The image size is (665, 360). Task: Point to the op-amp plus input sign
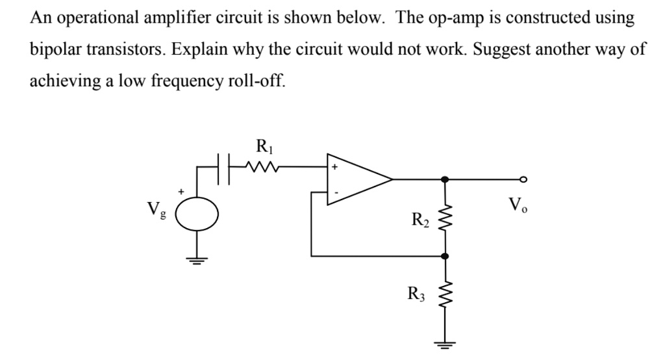coord(336,167)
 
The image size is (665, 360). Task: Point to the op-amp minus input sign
coord(336,192)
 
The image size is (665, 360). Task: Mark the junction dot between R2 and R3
coord(445,256)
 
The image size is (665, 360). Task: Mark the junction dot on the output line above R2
coord(445,180)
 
